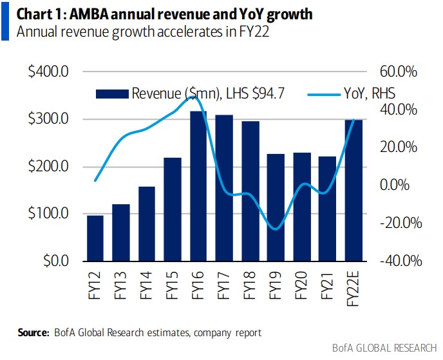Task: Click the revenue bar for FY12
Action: tap(95, 238)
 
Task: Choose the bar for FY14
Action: tap(147, 223)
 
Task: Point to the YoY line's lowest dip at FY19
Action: tap(276, 229)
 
